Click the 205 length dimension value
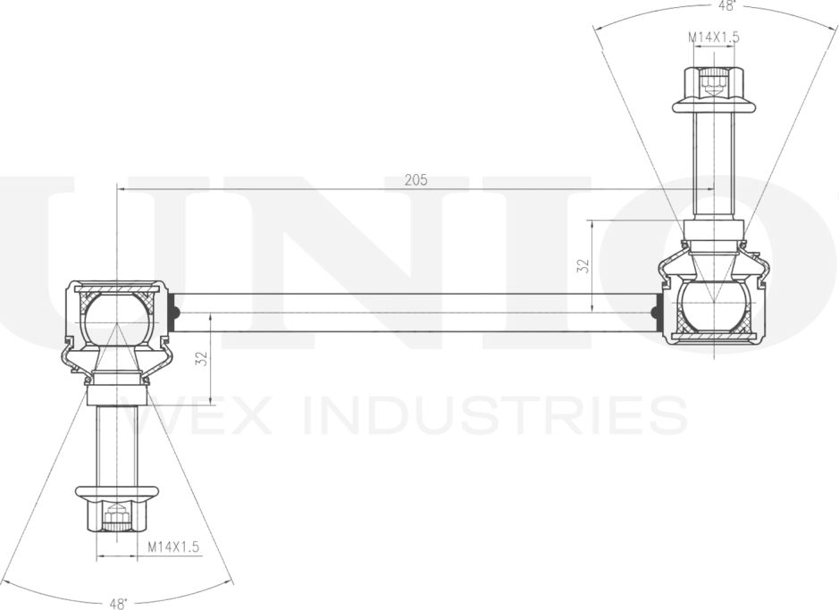point(415,180)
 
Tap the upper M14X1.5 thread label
point(713,38)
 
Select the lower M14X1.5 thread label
point(173,547)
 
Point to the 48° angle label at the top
point(726,6)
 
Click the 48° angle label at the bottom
point(119,604)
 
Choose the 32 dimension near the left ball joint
point(201,359)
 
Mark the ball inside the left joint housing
point(117,320)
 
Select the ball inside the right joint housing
point(714,305)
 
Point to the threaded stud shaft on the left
point(117,447)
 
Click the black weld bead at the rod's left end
point(173,313)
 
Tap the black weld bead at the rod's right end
point(656,313)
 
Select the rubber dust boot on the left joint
point(117,363)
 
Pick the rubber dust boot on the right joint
point(714,261)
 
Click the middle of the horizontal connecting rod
point(415,313)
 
